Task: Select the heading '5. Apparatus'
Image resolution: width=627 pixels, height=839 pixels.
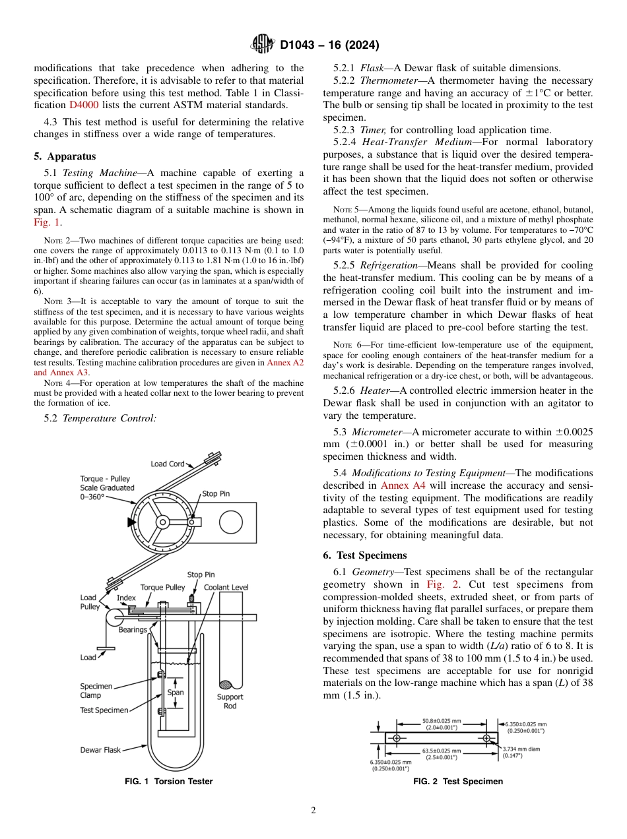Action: (x=65, y=156)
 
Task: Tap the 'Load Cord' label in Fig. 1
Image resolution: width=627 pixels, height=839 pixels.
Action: (x=168, y=464)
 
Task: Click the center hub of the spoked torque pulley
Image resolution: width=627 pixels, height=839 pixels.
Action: (x=161, y=521)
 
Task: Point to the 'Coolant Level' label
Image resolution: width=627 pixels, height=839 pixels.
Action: (x=226, y=587)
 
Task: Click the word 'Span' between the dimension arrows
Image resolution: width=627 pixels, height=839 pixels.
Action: (x=175, y=693)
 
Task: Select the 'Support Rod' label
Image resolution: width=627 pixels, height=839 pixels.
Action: (x=230, y=701)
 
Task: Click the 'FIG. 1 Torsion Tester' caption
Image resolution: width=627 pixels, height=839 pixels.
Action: (x=169, y=782)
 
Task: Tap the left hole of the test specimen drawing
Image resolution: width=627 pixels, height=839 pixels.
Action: (x=396, y=738)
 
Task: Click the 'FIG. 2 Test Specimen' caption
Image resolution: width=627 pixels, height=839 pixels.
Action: (x=458, y=782)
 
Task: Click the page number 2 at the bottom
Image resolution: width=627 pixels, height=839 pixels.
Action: (x=313, y=811)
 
